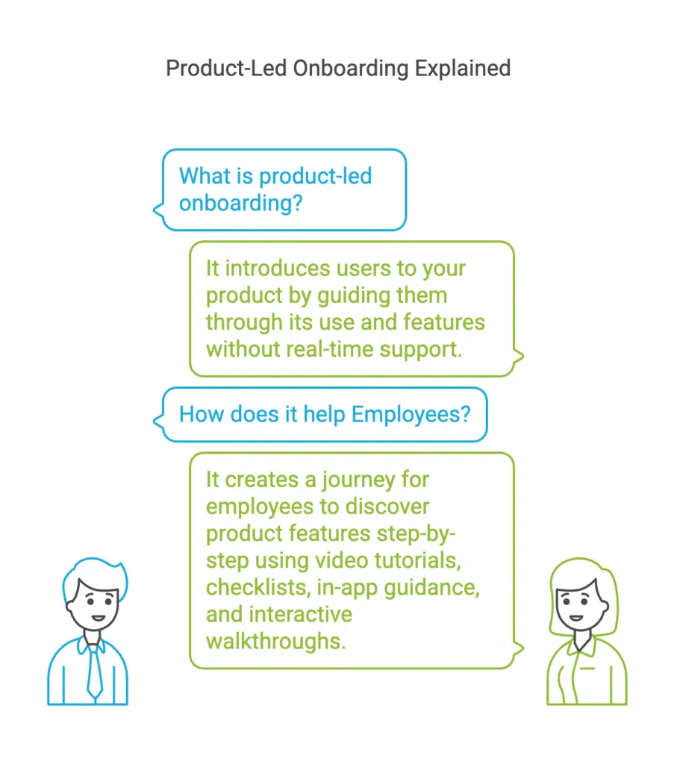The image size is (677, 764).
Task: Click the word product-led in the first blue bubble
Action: coord(315,176)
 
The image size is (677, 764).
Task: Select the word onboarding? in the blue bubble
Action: coord(241,204)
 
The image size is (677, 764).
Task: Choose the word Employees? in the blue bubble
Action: coord(411,415)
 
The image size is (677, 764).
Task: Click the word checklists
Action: coord(258,588)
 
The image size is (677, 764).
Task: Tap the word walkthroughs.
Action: coord(276,642)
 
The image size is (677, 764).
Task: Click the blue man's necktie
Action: coord(95,671)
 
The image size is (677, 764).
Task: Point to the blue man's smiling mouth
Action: coord(98,619)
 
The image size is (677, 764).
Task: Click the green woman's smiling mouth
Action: coord(576,619)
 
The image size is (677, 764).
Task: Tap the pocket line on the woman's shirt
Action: coord(587,668)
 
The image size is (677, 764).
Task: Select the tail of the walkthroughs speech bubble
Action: coord(519,648)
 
